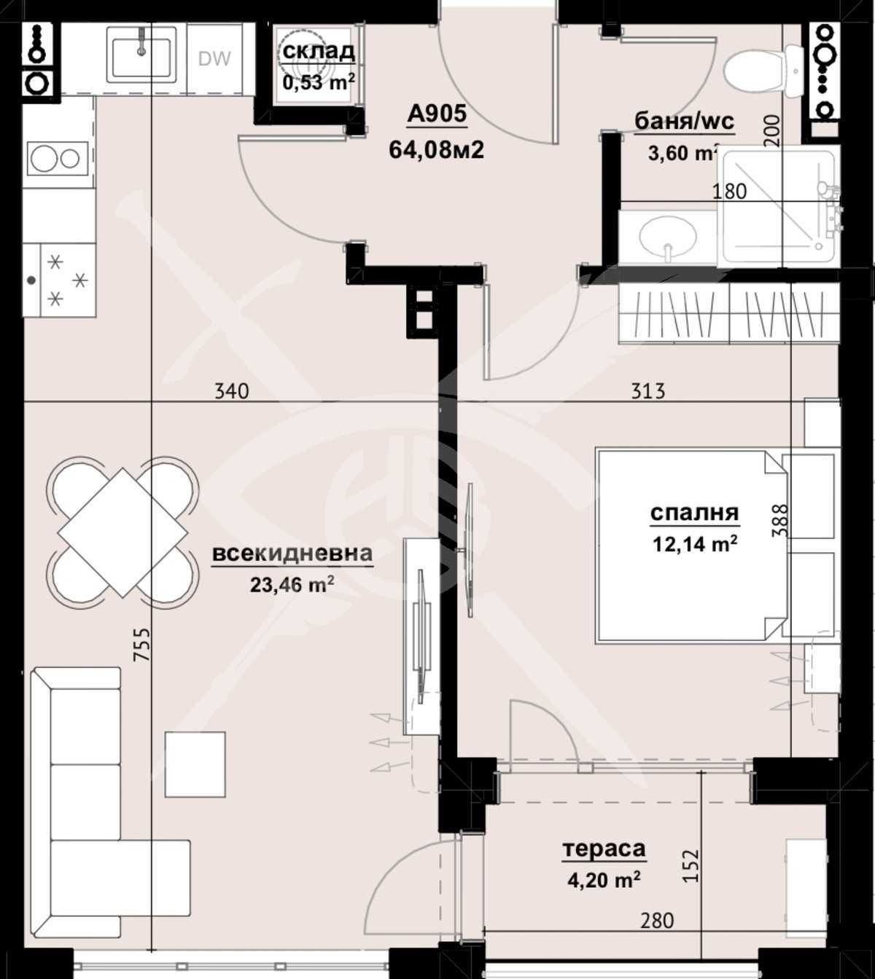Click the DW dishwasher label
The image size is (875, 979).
coord(214,58)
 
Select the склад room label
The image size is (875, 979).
coord(319,51)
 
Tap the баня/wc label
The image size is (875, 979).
coord(684,122)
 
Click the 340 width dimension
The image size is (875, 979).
coord(232,391)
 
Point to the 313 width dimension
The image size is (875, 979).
coord(647,391)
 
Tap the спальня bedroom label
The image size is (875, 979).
coord(694,513)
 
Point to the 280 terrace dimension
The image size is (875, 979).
coord(656,921)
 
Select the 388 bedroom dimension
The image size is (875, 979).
coord(779,521)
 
